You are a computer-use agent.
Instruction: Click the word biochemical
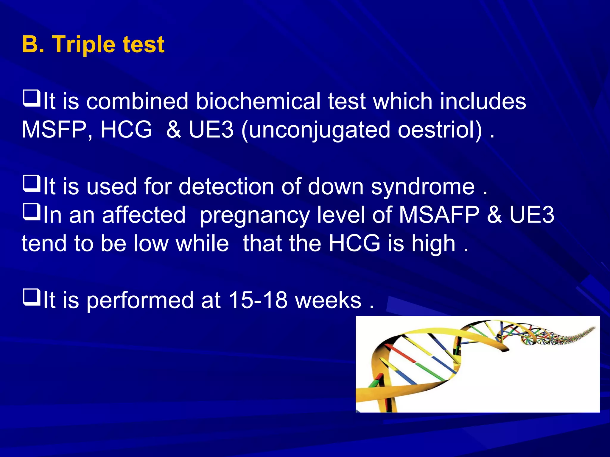(258, 101)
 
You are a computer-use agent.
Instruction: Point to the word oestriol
(440, 130)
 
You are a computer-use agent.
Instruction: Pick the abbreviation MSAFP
(439, 215)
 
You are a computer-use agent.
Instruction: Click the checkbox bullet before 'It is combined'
(31, 99)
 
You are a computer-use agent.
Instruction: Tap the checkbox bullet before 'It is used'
(31, 184)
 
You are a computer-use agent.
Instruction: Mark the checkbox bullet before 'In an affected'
(31, 212)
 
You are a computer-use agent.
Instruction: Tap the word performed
(140, 301)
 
